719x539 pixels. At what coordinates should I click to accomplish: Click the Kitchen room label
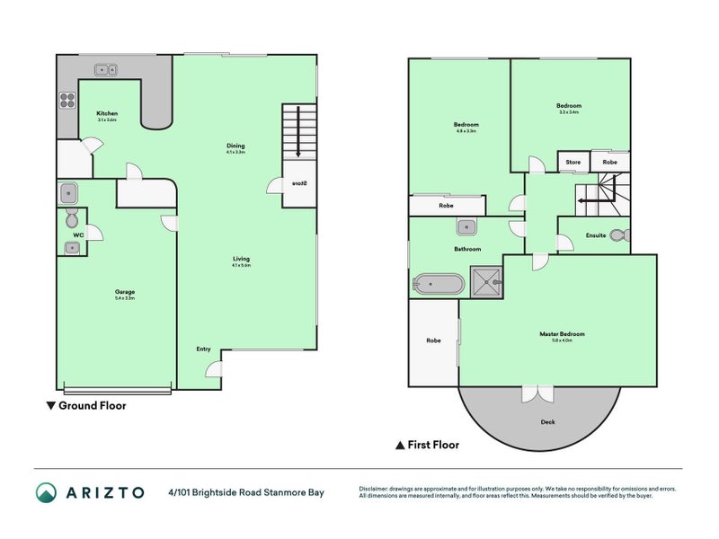[107, 114]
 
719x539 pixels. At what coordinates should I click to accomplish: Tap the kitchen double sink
[109, 68]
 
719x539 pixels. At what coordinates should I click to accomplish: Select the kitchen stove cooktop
[67, 101]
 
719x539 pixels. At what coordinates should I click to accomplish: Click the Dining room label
[235, 146]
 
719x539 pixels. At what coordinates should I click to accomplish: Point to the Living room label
[240, 260]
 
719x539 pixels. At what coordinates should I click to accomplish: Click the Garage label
[124, 292]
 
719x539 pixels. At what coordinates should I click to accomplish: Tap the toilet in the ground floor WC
[71, 219]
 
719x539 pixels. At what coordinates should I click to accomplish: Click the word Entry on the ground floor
[203, 349]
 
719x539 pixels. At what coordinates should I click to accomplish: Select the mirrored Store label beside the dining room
[299, 184]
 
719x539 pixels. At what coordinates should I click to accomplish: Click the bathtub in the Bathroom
[438, 285]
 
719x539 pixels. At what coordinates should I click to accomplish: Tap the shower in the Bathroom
[487, 283]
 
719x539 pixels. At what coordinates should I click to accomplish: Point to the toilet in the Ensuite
[618, 235]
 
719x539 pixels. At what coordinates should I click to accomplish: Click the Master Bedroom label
[562, 334]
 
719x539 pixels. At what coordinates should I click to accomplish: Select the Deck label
[547, 421]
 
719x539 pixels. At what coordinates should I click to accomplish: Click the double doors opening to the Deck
[539, 393]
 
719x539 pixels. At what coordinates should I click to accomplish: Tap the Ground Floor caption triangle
[50, 406]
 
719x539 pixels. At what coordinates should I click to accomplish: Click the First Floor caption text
[434, 445]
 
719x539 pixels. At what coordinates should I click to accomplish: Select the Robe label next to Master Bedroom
[433, 340]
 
